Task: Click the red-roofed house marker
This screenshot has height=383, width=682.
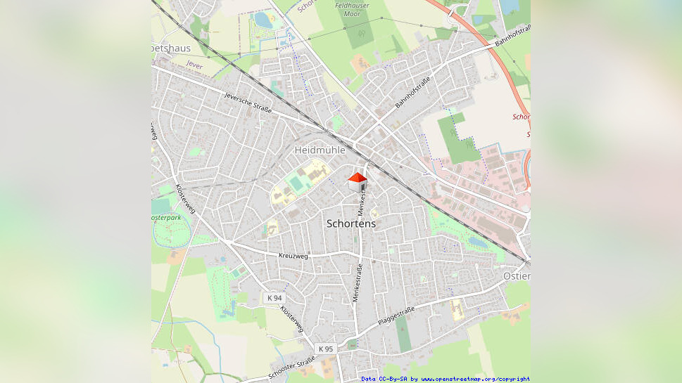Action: (358, 181)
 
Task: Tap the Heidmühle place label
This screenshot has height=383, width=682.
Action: (320, 150)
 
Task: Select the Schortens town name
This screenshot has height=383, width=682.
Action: (351, 223)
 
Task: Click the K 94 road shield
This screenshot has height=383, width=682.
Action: (274, 298)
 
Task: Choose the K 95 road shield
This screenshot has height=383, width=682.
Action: (325, 349)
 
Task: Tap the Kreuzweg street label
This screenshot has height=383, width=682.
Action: (293, 257)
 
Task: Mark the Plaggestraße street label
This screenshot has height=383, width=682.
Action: (396, 314)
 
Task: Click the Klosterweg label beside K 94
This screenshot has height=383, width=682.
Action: (292, 318)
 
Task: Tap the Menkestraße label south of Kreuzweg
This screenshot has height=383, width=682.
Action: (358, 282)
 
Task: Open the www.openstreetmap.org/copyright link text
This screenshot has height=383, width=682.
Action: (476, 379)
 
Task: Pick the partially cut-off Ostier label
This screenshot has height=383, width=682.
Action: (517, 276)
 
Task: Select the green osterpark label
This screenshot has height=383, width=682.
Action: (166, 218)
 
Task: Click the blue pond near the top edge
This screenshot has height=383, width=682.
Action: (264, 20)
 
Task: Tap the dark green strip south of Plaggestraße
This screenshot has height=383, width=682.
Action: (403, 335)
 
